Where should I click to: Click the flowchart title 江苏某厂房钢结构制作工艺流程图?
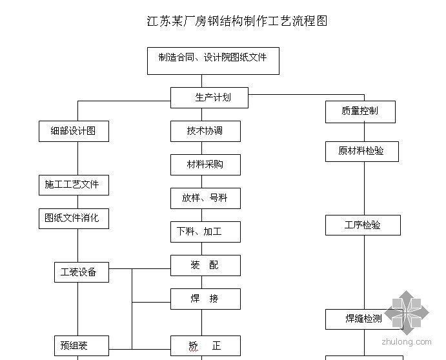[x=237, y=21]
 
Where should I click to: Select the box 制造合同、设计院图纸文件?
[x=212, y=61]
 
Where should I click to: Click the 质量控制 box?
[x=360, y=112]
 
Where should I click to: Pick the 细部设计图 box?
[x=73, y=131]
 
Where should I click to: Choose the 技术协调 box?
[x=205, y=131]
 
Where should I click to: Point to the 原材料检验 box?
[x=361, y=151]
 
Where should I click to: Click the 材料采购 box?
[x=205, y=165]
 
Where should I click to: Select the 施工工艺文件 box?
[x=72, y=185]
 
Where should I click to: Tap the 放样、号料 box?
[x=205, y=198]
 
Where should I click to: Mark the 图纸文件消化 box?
[x=72, y=218]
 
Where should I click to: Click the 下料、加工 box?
[x=205, y=232]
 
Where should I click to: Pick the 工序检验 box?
[x=363, y=225]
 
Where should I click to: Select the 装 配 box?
[x=205, y=265]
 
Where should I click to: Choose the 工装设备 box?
[x=81, y=272]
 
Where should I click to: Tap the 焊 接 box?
[x=205, y=299]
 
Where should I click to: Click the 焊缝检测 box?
[x=364, y=319]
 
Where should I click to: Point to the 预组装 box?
[x=81, y=346]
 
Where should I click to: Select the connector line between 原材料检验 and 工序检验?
[x=363, y=188]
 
